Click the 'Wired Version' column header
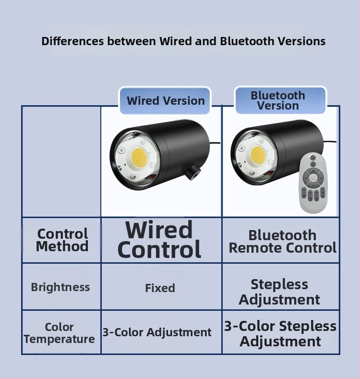166,100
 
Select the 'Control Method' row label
62,240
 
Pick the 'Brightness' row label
60,287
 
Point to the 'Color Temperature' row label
59,333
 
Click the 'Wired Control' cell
159,239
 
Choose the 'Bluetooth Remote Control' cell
282,242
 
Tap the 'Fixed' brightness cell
160,288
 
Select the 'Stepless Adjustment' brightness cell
279,292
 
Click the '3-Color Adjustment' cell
157,332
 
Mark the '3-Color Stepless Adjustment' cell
280,333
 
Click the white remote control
313,183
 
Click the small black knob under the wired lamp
193,171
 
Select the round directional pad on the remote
313,178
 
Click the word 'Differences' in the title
72,41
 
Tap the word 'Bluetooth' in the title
247,41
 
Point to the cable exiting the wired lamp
215,143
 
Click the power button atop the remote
313,158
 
